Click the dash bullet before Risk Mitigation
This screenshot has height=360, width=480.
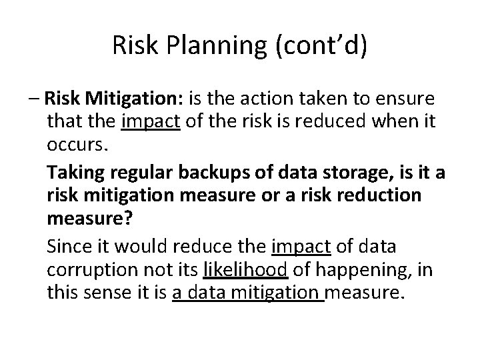pos(36,100)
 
